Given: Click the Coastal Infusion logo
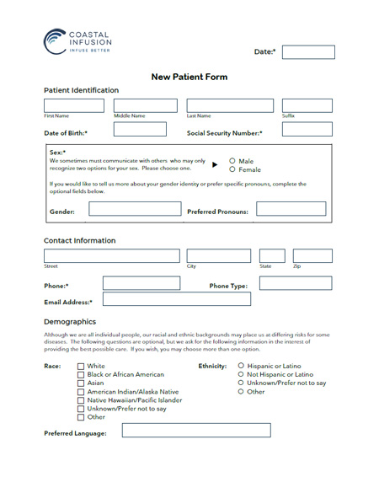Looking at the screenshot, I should click(77, 40).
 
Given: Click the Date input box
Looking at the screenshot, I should click(307, 52).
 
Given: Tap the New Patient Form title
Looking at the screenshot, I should click(189, 77).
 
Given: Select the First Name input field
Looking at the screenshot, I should click(77, 105).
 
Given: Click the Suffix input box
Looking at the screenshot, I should click(307, 105).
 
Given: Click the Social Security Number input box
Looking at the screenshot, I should click(307, 130).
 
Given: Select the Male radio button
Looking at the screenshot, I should click(232, 161).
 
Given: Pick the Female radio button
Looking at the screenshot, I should click(232, 169).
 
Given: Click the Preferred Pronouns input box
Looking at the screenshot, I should click(291, 209).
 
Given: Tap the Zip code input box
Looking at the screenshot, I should click(312, 256).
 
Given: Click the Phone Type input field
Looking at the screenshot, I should click(295, 284).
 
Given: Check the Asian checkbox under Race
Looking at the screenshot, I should click(81, 383).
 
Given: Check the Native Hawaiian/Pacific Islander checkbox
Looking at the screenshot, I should click(81, 400).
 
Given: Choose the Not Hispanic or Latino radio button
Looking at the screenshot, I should click(242, 375).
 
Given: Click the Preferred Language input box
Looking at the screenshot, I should click(196, 431).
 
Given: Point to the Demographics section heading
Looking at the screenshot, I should click(70, 322).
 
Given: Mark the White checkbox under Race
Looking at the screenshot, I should click(81, 367).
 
